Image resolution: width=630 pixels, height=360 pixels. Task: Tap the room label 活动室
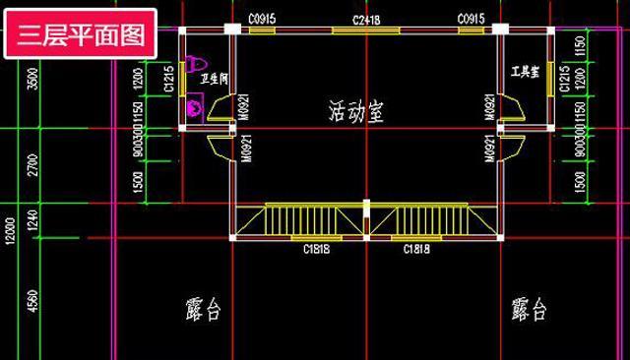[356, 112]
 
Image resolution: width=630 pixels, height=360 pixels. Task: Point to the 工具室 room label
[525, 72]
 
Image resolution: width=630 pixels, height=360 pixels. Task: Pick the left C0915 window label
[262, 20]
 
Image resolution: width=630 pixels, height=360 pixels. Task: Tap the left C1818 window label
[316, 249]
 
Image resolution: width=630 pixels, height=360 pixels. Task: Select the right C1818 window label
[416, 249]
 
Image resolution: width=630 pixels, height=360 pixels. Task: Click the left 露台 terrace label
[202, 311]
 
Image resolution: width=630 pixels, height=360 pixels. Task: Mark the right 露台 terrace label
[529, 311]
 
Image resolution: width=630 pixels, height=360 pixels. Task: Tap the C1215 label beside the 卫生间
[170, 79]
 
